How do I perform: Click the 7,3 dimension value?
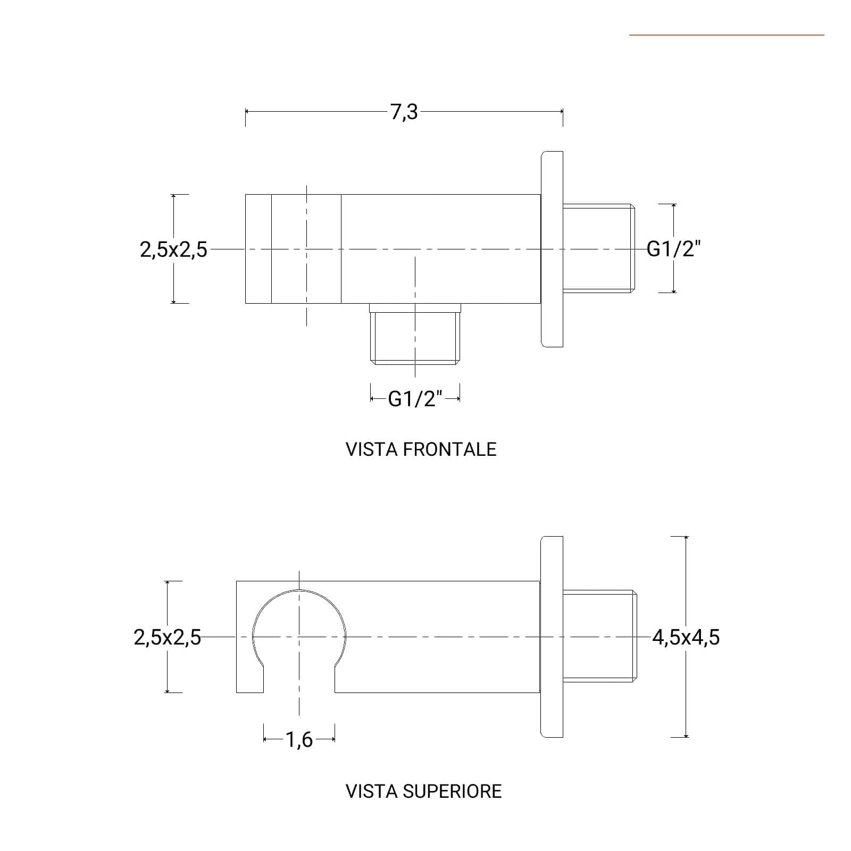point(404,113)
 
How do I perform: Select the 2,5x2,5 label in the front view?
point(173,249)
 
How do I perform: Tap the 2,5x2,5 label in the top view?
point(168,637)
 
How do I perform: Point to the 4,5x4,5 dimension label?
point(686,637)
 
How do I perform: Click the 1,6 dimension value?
point(299,739)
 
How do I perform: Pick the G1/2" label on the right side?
point(674,248)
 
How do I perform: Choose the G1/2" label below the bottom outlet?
point(415,398)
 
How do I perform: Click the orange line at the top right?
point(727,35)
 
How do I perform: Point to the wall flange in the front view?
point(552,249)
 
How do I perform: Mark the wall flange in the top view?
point(552,637)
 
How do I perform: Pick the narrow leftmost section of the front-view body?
point(258,249)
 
